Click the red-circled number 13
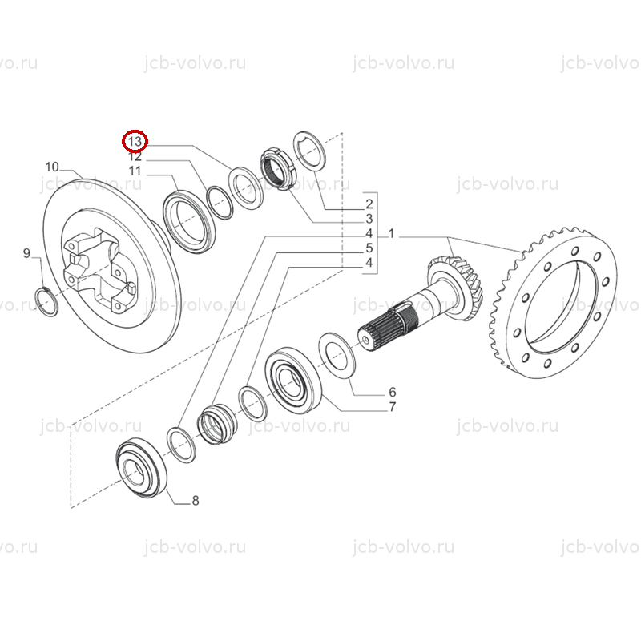(x=135, y=142)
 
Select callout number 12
(x=135, y=156)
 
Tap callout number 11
(x=135, y=171)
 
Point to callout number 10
(x=52, y=167)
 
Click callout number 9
(x=26, y=253)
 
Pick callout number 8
(x=196, y=500)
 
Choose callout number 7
(x=393, y=407)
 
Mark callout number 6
(x=393, y=392)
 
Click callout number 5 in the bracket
(x=369, y=248)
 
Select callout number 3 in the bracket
(x=369, y=219)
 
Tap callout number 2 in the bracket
(x=369, y=204)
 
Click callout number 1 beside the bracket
(x=391, y=234)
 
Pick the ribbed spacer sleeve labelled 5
(x=216, y=425)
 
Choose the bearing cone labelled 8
(x=142, y=468)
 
